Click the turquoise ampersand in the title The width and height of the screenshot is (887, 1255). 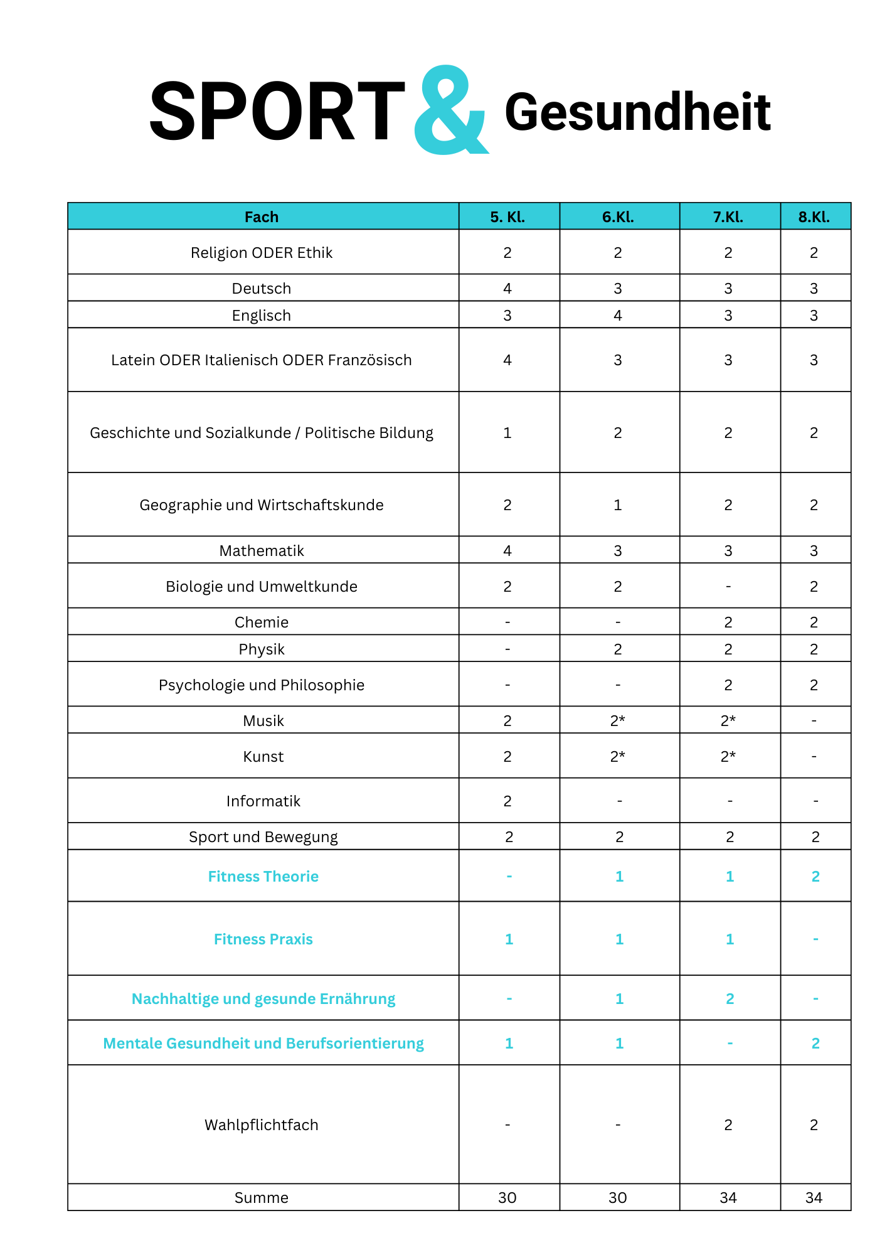tap(450, 112)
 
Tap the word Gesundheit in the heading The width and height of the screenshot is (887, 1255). tap(637, 113)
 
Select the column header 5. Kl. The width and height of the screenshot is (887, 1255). tap(507, 217)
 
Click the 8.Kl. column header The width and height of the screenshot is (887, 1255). tap(814, 217)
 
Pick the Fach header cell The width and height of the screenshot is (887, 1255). tap(262, 217)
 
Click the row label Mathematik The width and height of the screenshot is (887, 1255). tap(262, 551)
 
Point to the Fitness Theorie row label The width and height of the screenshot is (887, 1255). tap(263, 877)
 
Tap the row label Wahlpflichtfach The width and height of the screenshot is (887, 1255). tap(262, 1125)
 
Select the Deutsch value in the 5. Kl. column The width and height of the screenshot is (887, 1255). tap(507, 289)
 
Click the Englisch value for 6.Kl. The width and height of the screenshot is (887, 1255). tap(618, 316)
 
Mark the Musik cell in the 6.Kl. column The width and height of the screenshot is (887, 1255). tap(618, 721)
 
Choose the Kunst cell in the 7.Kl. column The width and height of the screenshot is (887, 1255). tap(728, 757)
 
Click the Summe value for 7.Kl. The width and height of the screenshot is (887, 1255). tap(728, 1198)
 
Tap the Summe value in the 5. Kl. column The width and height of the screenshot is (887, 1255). tap(507, 1198)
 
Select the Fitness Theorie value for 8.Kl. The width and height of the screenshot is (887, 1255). tap(815, 877)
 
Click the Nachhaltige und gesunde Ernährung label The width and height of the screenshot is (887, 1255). tap(263, 999)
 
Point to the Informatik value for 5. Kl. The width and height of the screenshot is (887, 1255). tap(507, 801)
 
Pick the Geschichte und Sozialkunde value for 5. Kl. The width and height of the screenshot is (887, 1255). tap(507, 433)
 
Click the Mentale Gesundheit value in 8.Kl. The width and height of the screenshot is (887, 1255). tap(815, 1044)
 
